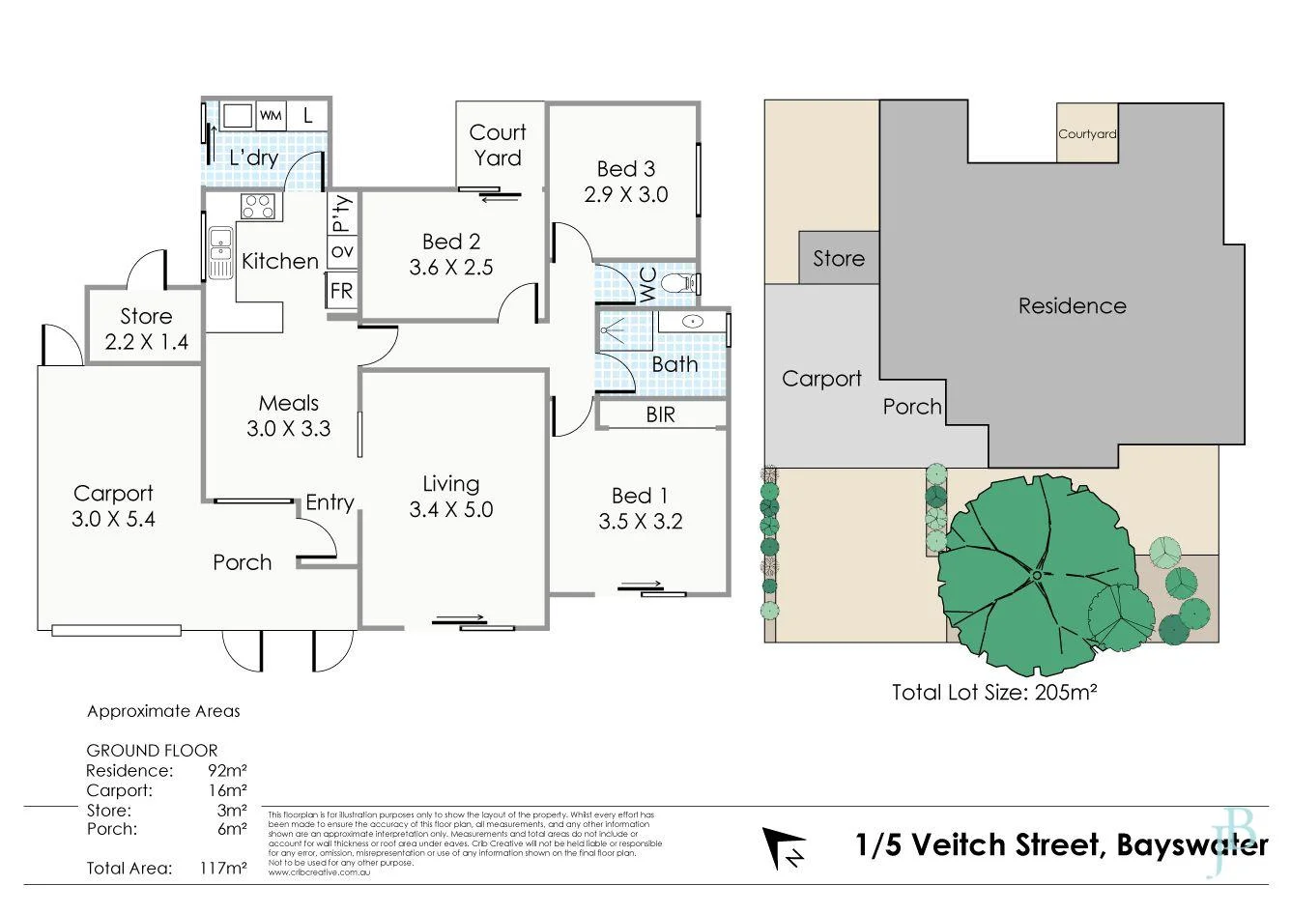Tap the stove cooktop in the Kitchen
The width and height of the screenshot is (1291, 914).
258,207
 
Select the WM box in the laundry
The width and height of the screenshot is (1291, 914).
271,116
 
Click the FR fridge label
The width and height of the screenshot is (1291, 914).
341,290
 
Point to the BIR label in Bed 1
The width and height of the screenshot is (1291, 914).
661,414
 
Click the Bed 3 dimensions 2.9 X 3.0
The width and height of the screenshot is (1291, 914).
625,194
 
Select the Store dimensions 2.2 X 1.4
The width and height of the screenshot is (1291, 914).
146,341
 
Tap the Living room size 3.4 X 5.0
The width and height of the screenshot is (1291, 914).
450,509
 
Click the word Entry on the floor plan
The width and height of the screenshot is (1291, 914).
330,502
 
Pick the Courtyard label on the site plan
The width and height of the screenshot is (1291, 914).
1087,134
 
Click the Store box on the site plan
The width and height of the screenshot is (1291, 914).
839,258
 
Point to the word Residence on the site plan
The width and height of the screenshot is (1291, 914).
1072,306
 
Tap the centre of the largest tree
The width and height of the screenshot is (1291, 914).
1036,575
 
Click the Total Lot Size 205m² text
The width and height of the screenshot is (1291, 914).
996,692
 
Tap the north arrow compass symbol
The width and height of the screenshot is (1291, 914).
784,847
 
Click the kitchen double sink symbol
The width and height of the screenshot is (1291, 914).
220,250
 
